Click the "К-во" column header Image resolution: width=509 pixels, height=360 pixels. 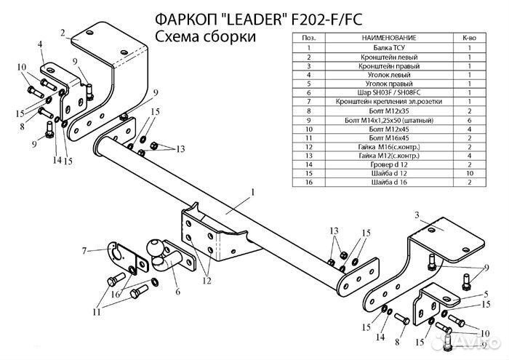[x=470, y=36]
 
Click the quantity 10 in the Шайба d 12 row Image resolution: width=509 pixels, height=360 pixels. [x=470, y=175]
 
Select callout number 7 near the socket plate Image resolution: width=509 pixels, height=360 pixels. [x=84, y=251]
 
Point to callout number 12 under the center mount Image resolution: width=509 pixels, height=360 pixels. [x=206, y=279]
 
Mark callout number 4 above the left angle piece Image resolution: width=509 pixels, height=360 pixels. [x=41, y=46]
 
